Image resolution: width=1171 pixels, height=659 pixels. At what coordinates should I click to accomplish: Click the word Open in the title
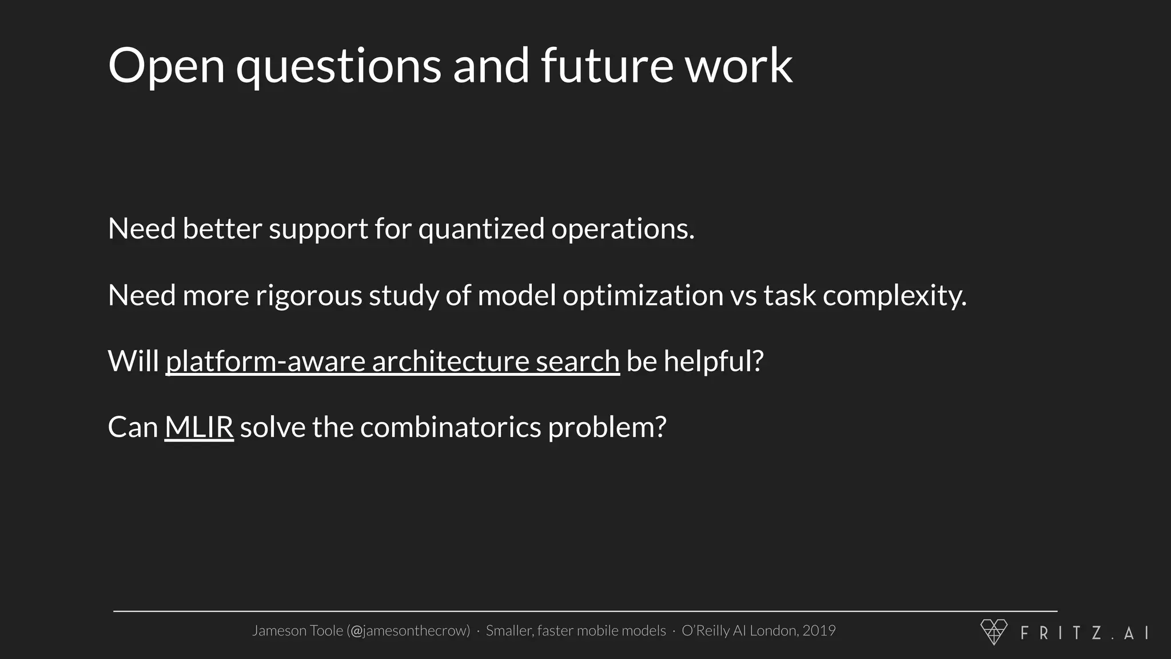[166, 66]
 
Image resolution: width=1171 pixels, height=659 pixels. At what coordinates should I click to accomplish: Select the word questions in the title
[338, 68]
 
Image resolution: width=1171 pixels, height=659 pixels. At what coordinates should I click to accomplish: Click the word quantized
[481, 229]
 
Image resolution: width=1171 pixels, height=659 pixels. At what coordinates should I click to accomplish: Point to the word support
[318, 230]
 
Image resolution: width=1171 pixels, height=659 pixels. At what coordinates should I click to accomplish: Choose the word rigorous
[309, 296]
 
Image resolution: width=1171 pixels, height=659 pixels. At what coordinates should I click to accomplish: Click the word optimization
[643, 296]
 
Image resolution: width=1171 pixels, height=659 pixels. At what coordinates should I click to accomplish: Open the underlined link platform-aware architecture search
[392, 362]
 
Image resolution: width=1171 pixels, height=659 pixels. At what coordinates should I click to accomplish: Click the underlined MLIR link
[199, 427]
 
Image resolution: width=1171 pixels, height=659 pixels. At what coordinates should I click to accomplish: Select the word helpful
[713, 362]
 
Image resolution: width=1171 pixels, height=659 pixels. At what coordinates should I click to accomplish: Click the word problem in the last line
[607, 428]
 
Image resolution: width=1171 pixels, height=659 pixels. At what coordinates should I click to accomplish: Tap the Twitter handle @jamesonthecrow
[408, 631]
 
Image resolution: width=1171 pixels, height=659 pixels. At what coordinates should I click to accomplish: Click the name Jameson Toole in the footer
[297, 631]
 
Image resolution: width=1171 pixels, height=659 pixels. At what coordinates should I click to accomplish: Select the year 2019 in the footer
[819, 630]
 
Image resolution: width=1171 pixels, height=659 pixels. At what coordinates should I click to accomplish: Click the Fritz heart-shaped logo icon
[994, 632]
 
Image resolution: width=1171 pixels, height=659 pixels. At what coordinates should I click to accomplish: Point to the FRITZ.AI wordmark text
[1084, 633]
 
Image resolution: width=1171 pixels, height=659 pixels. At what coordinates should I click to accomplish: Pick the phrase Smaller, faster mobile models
[576, 631]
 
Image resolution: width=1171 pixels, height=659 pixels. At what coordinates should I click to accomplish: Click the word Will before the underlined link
[133, 362]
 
